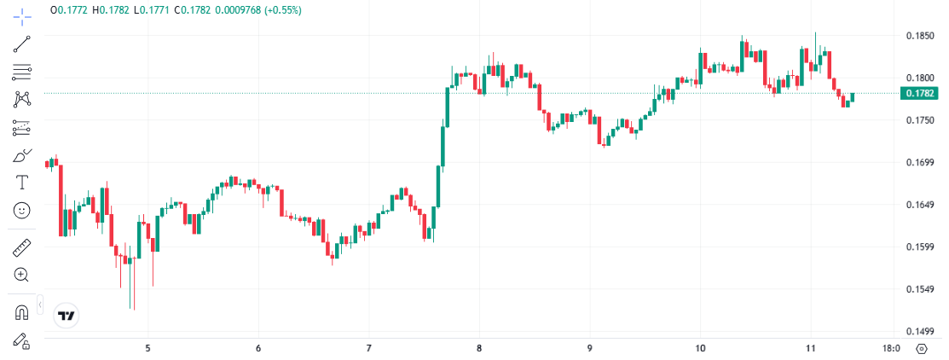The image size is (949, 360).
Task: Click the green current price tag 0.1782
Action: tap(919, 93)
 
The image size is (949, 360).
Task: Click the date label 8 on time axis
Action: tap(479, 348)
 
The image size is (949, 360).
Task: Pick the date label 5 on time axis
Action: tap(148, 348)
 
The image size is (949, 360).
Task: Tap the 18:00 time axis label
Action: tap(891, 348)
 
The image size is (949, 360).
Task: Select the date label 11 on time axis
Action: tap(810, 348)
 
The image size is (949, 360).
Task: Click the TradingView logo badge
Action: tap(67, 316)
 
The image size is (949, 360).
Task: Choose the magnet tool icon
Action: tap(22, 311)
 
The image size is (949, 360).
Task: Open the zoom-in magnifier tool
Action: tap(22, 275)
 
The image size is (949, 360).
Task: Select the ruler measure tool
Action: tap(22, 248)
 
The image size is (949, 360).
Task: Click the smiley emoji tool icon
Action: tap(22, 210)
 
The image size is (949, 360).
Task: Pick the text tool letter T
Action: tap(22, 183)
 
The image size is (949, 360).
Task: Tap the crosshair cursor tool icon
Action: tap(22, 15)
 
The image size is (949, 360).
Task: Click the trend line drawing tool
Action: tap(22, 44)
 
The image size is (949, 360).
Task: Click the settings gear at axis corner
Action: tap(922, 348)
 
